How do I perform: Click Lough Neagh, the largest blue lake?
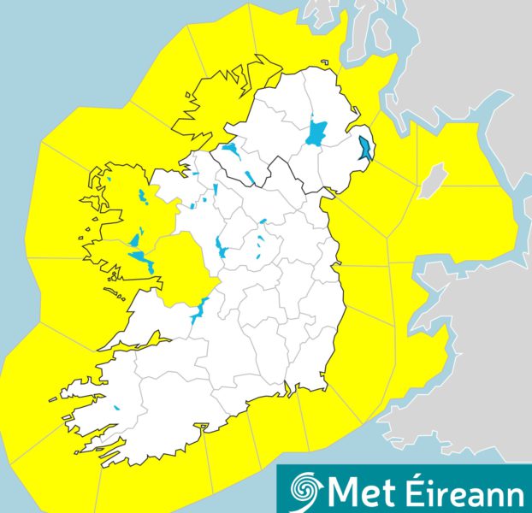click(317, 134)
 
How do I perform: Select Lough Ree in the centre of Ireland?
click(222, 249)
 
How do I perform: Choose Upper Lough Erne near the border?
click(250, 178)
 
